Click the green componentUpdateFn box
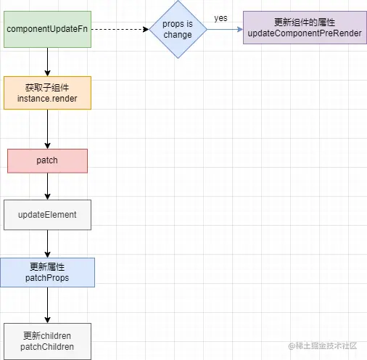(47, 30)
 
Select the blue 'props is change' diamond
(178, 30)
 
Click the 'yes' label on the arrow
(220, 17)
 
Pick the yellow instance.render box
(47, 92)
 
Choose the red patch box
(47, 160)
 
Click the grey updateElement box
(47, 216)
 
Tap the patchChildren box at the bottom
(47, 341)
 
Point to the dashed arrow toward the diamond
(120, 30)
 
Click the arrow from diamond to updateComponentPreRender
(225, 30)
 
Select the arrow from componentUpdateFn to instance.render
(47, 62)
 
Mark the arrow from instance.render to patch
(47, 129)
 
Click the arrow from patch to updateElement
(47, 186)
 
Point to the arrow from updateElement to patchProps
(47, 243)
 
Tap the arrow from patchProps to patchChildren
(47, 304)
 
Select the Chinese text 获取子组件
(47, 86)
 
